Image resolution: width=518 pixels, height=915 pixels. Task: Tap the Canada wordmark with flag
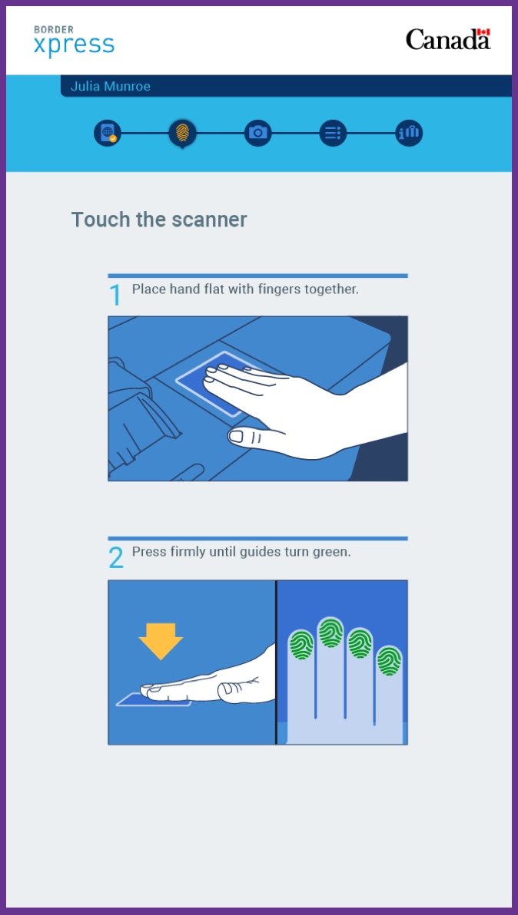447,39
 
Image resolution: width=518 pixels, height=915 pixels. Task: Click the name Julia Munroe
110,86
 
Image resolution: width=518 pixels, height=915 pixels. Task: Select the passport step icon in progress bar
107,133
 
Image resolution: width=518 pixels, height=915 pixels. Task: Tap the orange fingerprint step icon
182,133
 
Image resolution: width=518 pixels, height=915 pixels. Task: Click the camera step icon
258,133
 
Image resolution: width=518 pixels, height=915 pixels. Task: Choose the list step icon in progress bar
333,133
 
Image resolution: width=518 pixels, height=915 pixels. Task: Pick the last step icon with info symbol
408,133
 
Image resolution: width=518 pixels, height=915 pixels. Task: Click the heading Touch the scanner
159,220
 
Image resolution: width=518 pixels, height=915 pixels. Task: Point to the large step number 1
115,296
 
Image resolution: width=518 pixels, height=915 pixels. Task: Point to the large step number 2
115,558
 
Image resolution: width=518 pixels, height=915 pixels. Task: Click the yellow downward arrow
161,640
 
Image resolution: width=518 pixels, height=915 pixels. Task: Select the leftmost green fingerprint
301,645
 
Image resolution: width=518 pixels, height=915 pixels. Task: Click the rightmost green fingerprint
389,660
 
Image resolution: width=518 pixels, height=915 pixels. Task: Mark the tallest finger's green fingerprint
330,633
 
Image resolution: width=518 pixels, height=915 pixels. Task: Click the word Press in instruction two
148,552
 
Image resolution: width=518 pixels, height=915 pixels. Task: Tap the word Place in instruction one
148,289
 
